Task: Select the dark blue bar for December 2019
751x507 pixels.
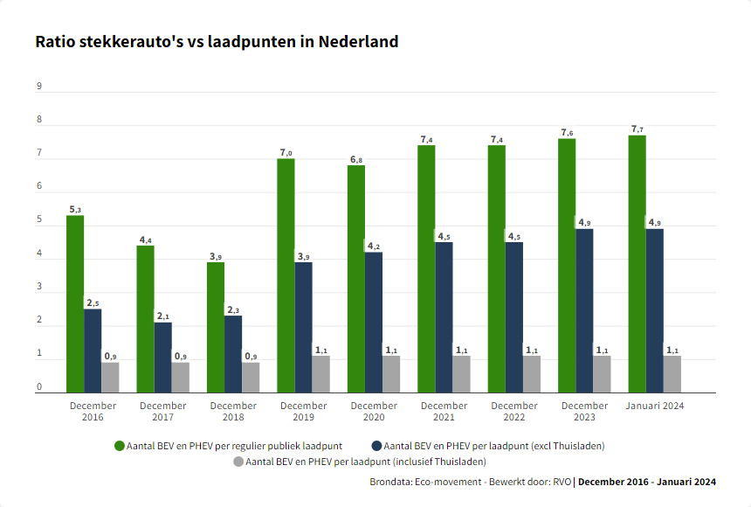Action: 303,327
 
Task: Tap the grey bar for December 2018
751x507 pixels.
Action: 251,377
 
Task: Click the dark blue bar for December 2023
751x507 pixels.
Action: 584,310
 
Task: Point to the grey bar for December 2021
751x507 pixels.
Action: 461,374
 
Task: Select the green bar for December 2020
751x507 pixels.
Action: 356,279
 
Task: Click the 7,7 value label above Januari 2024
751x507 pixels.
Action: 637,129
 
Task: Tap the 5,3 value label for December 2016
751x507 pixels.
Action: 75,210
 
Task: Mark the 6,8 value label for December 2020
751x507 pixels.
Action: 356,160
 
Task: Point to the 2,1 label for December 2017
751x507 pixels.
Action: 163,316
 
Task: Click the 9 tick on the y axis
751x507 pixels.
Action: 39,86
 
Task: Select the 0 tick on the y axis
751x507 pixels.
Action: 39,386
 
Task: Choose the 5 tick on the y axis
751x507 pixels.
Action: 39,219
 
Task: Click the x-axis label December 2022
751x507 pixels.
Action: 513,411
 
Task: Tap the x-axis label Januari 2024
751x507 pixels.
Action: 655,406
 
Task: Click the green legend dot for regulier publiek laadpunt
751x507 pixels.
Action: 120,446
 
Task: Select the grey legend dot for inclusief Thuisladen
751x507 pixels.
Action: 238,461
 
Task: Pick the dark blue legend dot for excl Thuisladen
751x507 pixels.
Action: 376,446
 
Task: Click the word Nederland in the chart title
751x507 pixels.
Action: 359,41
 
